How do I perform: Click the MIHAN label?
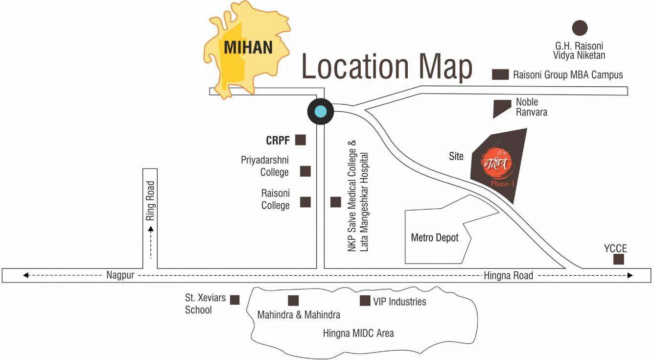[248, 47]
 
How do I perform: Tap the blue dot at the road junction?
[320, 112]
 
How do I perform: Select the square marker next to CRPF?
[301, 140]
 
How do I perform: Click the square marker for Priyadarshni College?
[305, 171]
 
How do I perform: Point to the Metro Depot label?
[435, 238]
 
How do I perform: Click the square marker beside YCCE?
[619, 260]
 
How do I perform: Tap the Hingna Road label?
[508, 276]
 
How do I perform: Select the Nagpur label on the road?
[120, 275]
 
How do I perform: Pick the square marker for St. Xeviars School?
[235, 300]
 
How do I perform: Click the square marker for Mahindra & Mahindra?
[293, 301]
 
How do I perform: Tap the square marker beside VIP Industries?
[365, 301]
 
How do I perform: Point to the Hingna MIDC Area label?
[358, 334]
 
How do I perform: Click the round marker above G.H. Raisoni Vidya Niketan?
[580, 28]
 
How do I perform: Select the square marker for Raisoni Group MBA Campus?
[500, 75]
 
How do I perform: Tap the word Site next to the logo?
[456, 157]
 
